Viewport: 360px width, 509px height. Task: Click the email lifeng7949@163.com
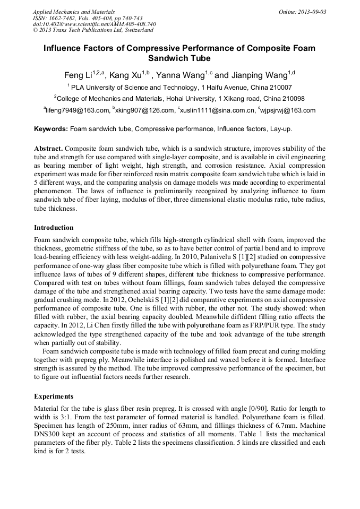pyautogui.click(x=77, y=110)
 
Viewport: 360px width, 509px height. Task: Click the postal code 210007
pyautogui.click(x=279, y=87)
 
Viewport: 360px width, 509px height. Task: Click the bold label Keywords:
pyautogui.click(x=51, y=129)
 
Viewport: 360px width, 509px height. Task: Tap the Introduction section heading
pyautogui.click(x=54, y=228)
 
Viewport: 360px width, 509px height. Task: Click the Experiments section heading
pyautogui.click(x=54, y=396)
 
